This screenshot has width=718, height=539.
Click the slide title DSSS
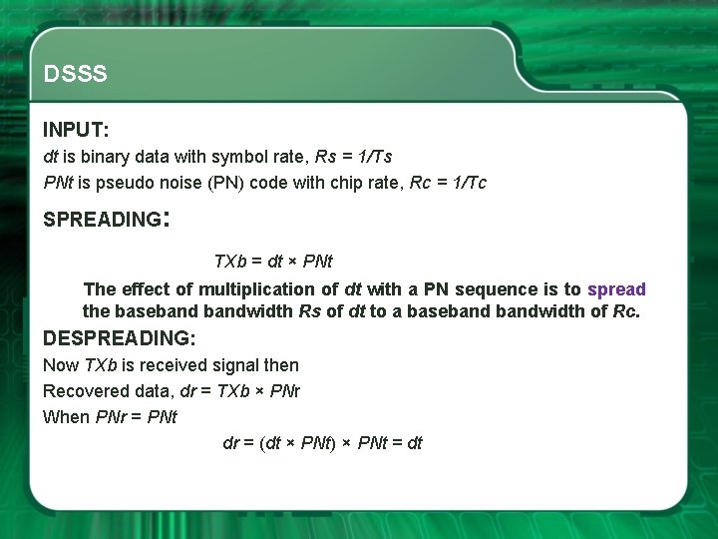[x=76, y=75]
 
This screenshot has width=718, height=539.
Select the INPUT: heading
[x=76, y=130]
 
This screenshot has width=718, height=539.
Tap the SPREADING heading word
[x=101, y=220]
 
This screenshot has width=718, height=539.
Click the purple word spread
[x=616, y=289]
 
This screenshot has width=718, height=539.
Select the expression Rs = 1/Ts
[x=353, y=157]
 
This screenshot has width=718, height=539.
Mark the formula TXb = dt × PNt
[x=273, y=262]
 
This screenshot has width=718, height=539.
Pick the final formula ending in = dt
[x=322, y=443]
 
